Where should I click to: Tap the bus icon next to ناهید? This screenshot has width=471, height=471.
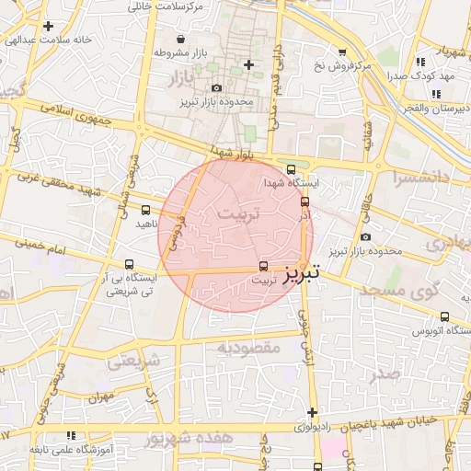146,210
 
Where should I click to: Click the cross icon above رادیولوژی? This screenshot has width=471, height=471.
313,412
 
